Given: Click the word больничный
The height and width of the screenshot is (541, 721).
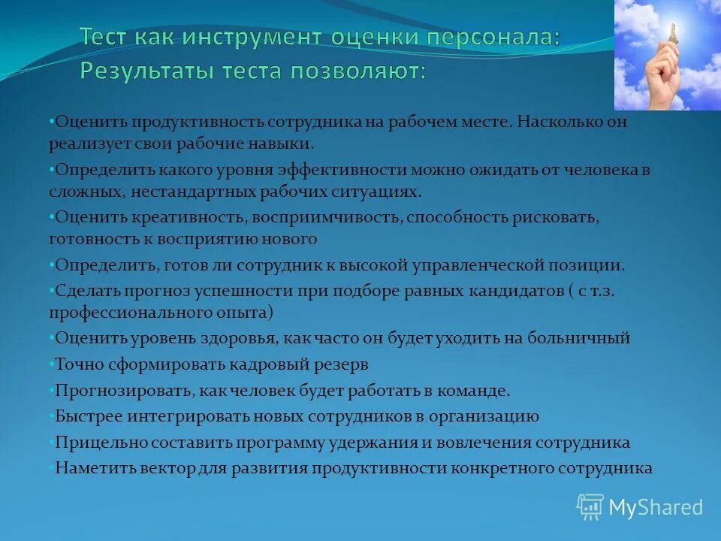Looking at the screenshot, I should [x=578, y=338].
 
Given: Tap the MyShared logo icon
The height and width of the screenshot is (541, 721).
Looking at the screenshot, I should [x=590, y=506].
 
